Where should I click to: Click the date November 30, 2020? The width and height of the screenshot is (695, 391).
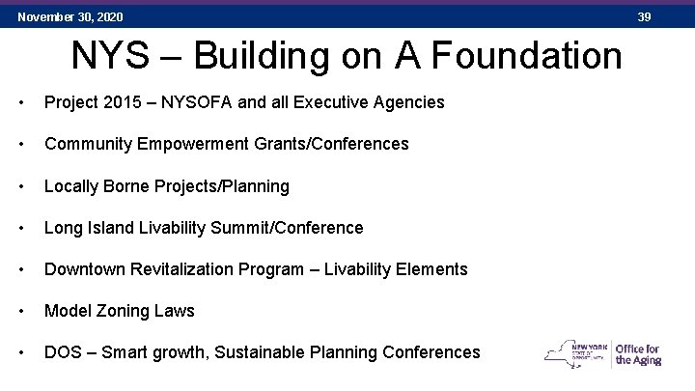70,17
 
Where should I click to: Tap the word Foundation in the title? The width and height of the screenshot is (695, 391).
522,56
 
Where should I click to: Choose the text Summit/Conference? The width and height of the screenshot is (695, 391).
293,228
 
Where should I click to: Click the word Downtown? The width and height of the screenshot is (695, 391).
84,269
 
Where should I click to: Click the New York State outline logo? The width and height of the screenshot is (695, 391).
576,353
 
